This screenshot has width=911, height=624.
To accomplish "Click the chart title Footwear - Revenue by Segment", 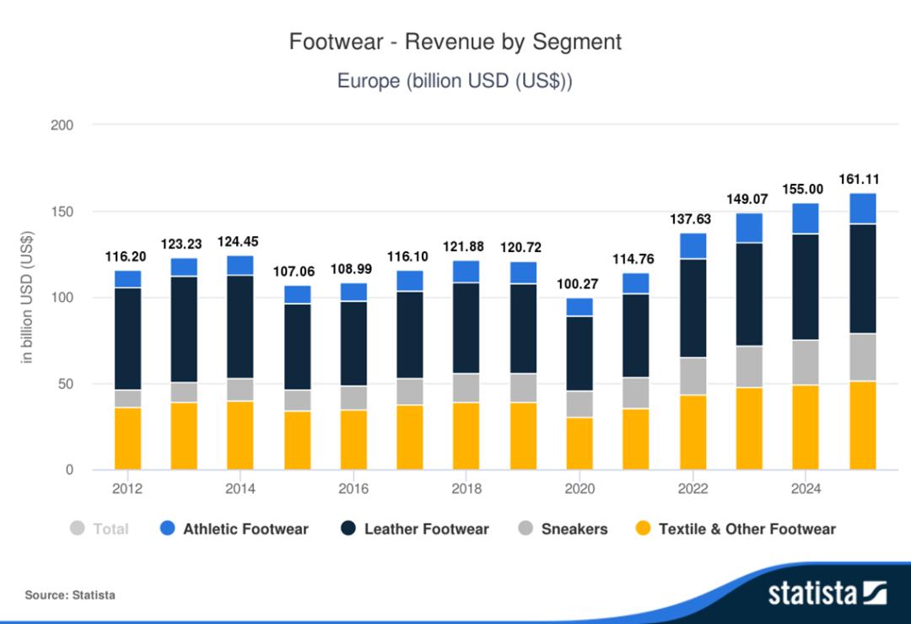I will click(455, 42).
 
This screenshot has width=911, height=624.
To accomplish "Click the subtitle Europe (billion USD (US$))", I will click(455, 82).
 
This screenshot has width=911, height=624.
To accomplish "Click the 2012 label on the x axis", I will click(128, 489).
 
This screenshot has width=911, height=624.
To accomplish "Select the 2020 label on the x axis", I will click(579, 489).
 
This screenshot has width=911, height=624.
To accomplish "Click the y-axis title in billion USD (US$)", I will click(27, 297).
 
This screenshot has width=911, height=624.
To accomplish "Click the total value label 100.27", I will click(579, 285).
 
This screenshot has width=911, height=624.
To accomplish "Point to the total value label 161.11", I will click(862, 180).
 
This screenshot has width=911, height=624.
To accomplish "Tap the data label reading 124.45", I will click(241, 242).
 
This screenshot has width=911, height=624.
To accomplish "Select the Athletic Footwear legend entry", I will click(234, 529).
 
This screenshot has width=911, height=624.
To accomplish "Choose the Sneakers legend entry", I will click(563, 529).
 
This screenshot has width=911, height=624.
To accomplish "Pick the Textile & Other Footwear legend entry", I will click(736, 529).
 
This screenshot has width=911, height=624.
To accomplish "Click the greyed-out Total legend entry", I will click(100, 529).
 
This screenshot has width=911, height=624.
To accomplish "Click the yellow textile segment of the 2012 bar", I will click(128, 438).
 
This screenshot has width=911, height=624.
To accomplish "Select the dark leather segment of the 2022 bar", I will click(693, 308).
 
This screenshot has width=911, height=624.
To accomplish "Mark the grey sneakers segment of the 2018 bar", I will click(466, 388).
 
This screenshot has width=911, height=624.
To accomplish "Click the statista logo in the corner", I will click(827, 593).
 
